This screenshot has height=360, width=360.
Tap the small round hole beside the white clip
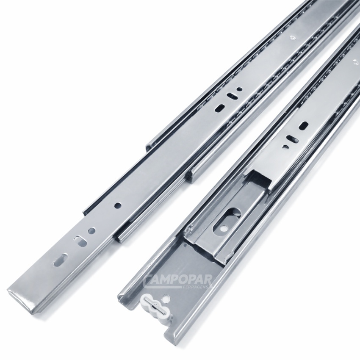pos(166,299)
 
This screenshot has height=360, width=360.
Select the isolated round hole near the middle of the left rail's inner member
pos(118,205)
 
